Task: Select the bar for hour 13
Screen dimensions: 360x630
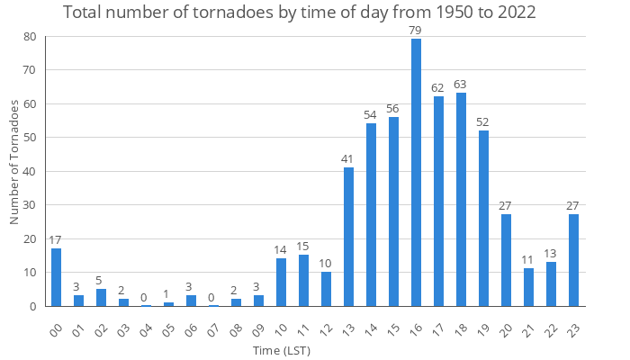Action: [348, 237]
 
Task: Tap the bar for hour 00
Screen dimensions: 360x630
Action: [56, 277]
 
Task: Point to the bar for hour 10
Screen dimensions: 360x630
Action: [281, 283]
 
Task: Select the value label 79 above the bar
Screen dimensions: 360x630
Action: [416, 31]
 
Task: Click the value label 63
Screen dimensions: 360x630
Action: [461, 85]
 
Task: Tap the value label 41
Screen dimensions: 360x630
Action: [348, 159]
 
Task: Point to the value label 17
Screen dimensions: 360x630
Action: [56, 240]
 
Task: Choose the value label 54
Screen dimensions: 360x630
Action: [371, 115]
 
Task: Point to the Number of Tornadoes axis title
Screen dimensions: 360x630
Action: [14, 162]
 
